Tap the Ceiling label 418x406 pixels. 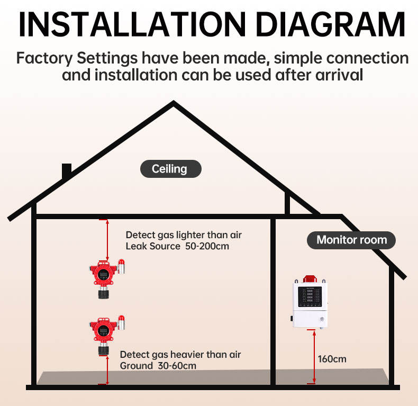170,169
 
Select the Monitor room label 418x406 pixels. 351,240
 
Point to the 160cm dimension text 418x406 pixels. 332,359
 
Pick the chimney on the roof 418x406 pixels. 67,172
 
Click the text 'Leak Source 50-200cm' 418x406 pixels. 177,247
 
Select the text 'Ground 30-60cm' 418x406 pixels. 158,366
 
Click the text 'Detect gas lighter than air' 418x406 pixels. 184,234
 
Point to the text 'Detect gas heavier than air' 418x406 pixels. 181,354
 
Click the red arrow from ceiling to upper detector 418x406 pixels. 107,240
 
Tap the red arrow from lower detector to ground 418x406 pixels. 107,370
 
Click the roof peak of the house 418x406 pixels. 174,104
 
